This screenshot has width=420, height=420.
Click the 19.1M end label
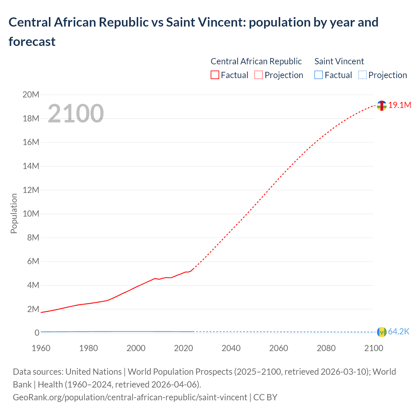399,105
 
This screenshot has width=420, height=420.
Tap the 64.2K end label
398,332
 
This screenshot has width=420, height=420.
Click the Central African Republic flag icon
381,106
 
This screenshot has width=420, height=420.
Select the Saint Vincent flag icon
381,332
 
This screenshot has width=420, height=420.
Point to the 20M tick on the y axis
31,95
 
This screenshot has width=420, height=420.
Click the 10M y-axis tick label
31,214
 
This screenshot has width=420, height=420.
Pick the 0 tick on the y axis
37,333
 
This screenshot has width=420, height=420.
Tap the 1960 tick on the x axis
41,348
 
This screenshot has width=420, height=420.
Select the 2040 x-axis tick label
231,348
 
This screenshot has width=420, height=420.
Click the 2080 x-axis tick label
326,348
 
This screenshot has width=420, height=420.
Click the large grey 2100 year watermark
76,114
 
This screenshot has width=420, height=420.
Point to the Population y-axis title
14,213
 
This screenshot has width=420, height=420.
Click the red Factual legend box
215,75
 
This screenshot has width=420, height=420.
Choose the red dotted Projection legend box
259,75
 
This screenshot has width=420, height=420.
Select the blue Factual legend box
318,75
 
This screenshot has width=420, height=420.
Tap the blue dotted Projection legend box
362,75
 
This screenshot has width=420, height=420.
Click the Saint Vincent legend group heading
339,61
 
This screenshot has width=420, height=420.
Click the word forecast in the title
32,42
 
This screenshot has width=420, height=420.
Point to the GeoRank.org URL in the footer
130,397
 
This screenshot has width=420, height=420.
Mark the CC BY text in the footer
265,397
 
